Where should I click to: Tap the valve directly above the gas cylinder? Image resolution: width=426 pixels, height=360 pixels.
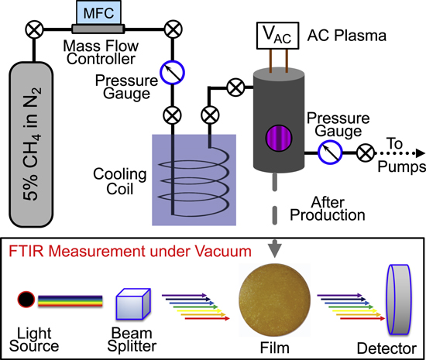pyautogui.click(x=33, y=30)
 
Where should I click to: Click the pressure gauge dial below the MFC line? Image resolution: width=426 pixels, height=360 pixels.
pyautogui.click(x=170, y=73)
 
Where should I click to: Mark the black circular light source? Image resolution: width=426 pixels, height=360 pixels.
pyautogui.click(x=26, y=299)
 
